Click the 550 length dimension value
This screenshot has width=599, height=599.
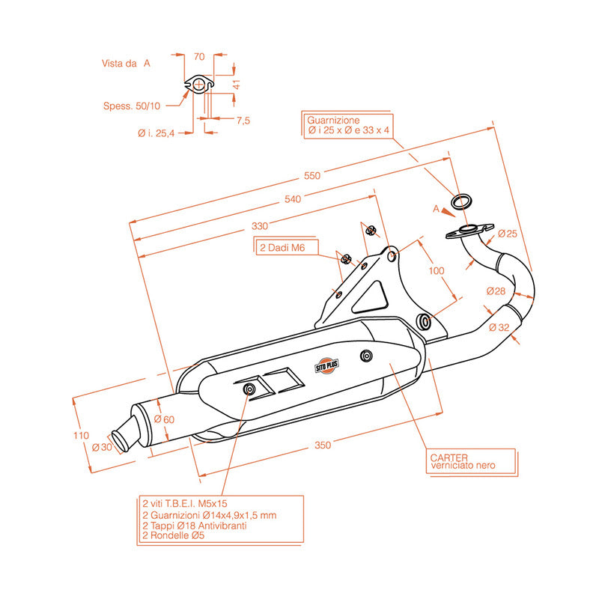311,175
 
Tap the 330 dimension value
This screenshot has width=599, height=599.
259,226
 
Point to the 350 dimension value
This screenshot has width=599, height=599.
322,446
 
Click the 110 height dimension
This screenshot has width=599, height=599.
82,435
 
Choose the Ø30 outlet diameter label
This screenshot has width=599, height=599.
101,447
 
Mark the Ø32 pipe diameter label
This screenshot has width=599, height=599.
498,327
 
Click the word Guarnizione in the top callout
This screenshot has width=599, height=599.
333,120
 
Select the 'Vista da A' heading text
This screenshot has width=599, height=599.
126,64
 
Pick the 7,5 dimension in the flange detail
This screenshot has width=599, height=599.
242,120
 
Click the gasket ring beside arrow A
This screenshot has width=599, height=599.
461,201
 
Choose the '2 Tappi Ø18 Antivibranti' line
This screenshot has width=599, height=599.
194,526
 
